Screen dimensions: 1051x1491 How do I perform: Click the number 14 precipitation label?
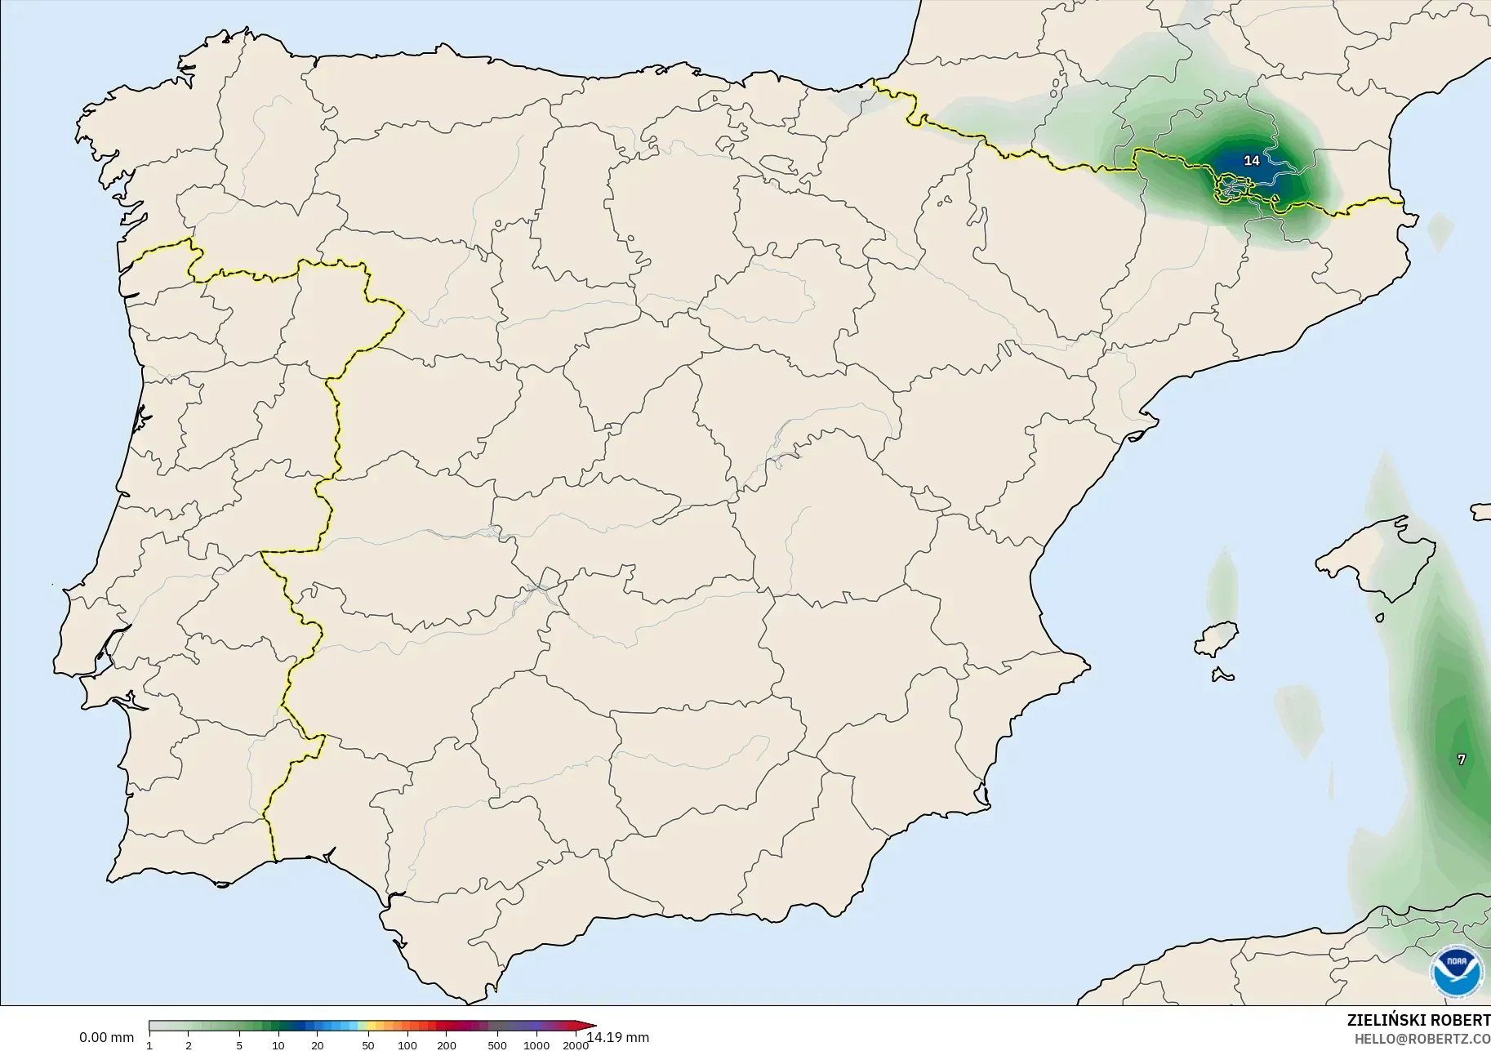point(1252,161)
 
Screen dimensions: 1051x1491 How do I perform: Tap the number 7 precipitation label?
point(1462,759)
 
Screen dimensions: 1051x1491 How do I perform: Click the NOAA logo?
point(1458,971)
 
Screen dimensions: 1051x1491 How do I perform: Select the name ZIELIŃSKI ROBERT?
point(1418,1021)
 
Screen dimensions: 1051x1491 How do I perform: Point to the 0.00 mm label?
point(106,1038)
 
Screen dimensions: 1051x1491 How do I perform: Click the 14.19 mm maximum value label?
point(618,1038)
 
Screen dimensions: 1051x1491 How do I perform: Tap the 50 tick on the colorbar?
point(368,1045)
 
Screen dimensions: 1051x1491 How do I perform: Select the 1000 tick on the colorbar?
point(536,1045)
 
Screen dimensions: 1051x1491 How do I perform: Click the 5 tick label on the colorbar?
point(239,1045)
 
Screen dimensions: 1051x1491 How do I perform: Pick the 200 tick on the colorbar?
point(446,1045)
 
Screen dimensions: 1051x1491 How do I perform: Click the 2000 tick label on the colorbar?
point(576,1045)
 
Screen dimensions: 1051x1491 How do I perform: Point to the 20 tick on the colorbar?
point(318,1045)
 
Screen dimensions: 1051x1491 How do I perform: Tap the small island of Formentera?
point(1222,675)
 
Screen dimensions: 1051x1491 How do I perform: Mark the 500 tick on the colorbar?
point(497,1045)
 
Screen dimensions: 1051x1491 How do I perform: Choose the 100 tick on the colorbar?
point(407,1045)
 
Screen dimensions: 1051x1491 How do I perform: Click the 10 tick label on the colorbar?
point(278,1045)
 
